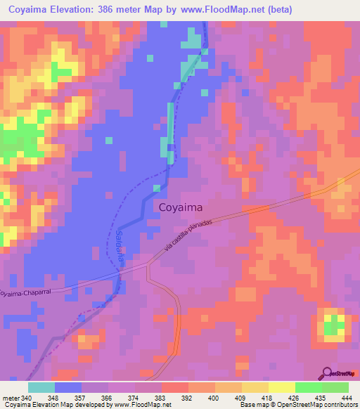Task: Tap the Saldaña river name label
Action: coord(120,247)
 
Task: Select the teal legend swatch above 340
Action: coord(41,387)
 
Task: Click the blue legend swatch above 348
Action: coord(67,387)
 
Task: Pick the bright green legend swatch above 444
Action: coord(335,387)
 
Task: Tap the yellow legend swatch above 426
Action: coord(281,387)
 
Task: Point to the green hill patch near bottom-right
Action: coord(334,325)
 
